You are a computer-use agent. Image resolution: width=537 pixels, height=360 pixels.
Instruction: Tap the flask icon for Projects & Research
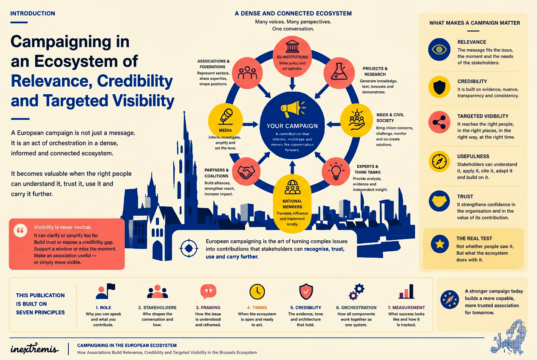(339, 71)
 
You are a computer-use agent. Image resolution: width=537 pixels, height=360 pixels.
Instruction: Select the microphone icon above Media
(226, 117)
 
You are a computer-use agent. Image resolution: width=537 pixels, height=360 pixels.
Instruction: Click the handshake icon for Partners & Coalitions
(246, 172)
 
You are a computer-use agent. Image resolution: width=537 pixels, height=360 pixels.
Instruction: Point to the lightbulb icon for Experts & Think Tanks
(336, 171)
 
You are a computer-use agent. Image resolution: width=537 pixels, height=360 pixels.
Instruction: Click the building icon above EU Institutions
(292, 46)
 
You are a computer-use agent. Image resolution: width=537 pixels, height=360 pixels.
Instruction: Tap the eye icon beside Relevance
(439, 50)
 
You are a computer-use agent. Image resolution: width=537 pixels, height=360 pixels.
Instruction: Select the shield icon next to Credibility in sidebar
(439, 87)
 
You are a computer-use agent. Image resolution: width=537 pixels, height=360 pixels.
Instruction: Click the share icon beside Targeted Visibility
(439, 122)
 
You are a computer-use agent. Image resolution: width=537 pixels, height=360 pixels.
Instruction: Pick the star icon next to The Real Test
(440, 244)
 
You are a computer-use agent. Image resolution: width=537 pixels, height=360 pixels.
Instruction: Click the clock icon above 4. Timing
(257, 292)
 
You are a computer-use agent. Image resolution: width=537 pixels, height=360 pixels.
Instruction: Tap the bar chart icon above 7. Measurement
(406, 292)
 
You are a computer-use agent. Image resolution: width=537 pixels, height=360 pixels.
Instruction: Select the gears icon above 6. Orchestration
(356, 292)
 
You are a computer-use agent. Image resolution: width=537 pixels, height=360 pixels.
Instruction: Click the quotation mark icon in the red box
(20, 231)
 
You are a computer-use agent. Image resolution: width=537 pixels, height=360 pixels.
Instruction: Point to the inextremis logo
(34, 348)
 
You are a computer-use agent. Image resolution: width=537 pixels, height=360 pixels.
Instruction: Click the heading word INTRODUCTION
(33, 14)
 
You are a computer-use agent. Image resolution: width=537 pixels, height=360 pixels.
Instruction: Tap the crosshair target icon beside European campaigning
(189, 248)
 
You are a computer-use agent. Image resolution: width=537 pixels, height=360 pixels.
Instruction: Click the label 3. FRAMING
(208, 307)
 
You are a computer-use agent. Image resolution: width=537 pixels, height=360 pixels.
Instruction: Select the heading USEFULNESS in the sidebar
(473, 156)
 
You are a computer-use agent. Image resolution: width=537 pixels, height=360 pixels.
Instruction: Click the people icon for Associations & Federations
(247, 73)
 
